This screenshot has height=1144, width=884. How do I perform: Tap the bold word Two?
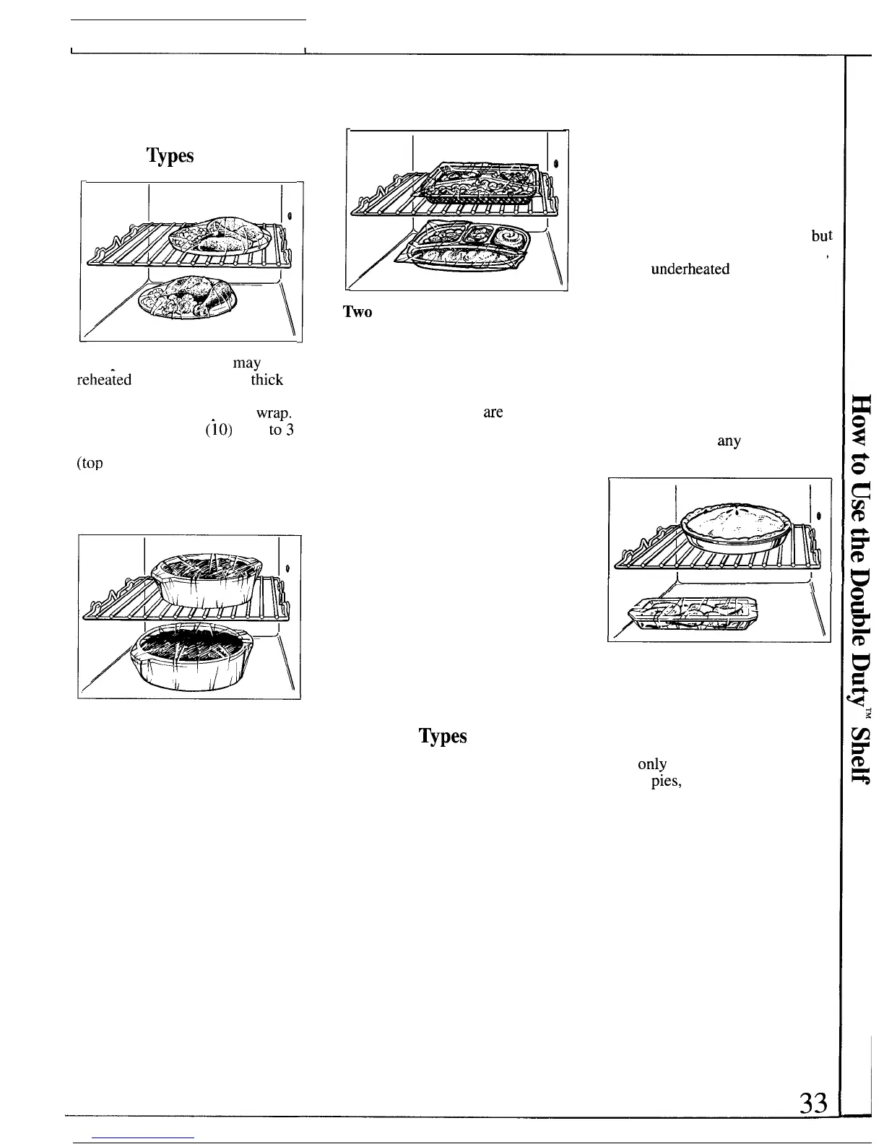357,312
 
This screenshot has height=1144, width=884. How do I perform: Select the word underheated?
690,269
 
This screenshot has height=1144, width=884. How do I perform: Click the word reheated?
104,380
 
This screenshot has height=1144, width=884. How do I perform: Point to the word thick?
266,380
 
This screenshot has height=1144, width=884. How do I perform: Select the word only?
652,763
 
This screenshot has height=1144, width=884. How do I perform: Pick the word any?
729,441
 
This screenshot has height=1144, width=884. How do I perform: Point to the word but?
821,236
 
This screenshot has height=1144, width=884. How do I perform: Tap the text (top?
90,464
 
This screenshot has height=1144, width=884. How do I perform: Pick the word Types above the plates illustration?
170,156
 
